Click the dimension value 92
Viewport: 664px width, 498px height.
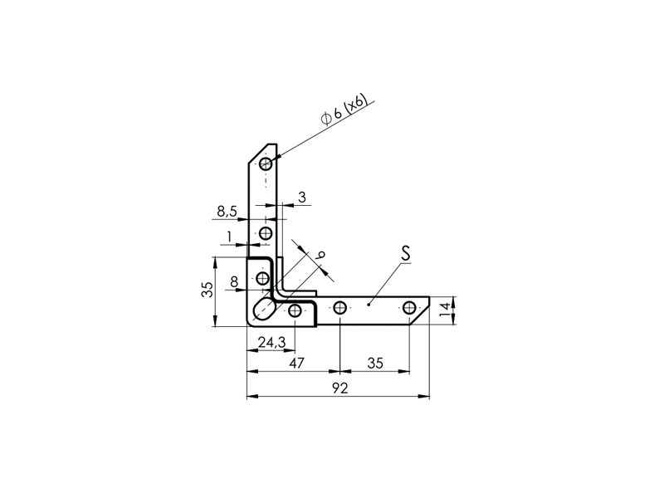[339, 388]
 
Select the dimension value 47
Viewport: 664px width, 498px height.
[296, 364]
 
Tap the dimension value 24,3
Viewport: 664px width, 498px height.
[272, 342]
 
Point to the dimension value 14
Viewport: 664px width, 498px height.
[444, 310]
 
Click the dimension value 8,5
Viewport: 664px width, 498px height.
[227, 211]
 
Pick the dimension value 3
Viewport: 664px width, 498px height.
[302, 197]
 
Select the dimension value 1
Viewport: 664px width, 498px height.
[229, 237]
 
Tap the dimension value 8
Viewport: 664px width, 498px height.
[234, 281]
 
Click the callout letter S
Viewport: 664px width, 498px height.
[406, 253]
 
